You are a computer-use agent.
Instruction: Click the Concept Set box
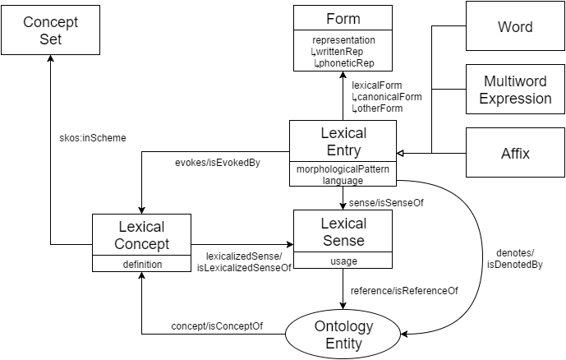[x=50, y=30]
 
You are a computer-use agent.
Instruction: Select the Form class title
[x=343, y=19]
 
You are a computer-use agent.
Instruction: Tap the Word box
[x=515, y=26]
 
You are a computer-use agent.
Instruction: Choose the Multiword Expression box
[x=515, y=90]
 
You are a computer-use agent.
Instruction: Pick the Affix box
[x=515, y=153]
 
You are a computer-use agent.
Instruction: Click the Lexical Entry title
[x=343, y=141]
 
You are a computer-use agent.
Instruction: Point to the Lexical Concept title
[x=141, y=235]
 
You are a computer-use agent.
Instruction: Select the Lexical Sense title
[x=343, y=232]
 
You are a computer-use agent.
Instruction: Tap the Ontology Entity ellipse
[x=343, y=335]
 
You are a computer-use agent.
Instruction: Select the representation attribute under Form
[x=343, y=39]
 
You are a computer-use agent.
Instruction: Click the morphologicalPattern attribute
[x=343, y=168]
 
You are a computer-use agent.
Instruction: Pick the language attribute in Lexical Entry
[x=343, y=179]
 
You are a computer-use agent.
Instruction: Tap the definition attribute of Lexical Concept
[x=141, y=264]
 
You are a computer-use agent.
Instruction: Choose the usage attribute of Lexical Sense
[x=343, y=261]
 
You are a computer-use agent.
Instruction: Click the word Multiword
[x=515, y=82]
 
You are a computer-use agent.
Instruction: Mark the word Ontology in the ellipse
[x=343, y=326]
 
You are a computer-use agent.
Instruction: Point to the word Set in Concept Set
[x=50, y=39]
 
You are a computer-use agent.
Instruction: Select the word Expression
[x=515, y=99]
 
